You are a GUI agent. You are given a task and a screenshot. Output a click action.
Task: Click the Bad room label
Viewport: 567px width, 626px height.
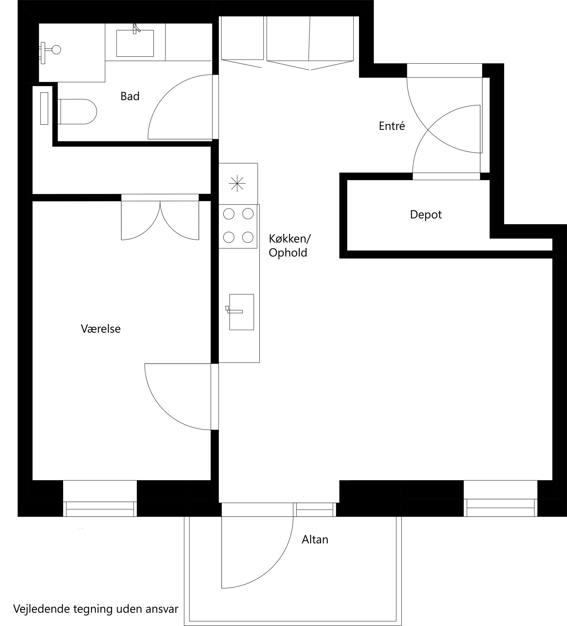tap(130, 96)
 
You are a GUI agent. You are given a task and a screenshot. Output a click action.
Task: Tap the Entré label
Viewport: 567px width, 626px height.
tap(392, 126)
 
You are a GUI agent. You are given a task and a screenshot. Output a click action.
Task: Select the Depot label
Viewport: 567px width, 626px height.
tap(426, 215)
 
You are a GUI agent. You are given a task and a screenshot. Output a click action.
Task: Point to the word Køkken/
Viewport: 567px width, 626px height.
tap(290, 239)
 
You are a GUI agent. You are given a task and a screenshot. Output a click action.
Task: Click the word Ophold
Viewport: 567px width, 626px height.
tap(288, 253)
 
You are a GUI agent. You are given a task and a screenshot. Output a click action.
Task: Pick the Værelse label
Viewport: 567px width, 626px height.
tap(101, 328)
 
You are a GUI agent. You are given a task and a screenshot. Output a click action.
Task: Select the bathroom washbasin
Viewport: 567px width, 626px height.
tap(135, 43)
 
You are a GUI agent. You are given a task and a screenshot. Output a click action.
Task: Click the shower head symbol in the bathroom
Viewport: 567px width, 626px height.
tap(56, 50)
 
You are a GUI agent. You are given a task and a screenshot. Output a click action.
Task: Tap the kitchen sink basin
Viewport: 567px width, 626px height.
tap(242, 312)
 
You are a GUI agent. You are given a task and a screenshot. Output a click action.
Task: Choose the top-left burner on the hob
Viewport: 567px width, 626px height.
tap(229, 214)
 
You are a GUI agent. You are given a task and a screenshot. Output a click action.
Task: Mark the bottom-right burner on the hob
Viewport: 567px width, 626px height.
tap(248, 237)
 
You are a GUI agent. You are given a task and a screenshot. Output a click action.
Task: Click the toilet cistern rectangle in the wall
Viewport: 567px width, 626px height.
tap(44, 108)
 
